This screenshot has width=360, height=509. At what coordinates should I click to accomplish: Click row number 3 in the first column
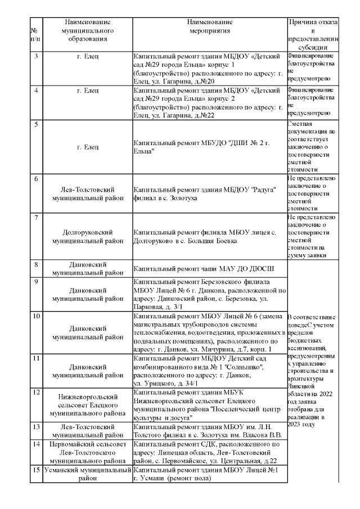point(35,56)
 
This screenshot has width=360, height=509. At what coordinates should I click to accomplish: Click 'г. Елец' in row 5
point(87,147)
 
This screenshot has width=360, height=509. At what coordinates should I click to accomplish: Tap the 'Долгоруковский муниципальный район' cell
point(87,236)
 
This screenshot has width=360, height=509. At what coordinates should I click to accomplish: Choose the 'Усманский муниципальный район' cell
point(87,474)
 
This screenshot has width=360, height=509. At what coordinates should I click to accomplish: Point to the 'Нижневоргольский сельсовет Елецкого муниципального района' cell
point(87,404)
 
